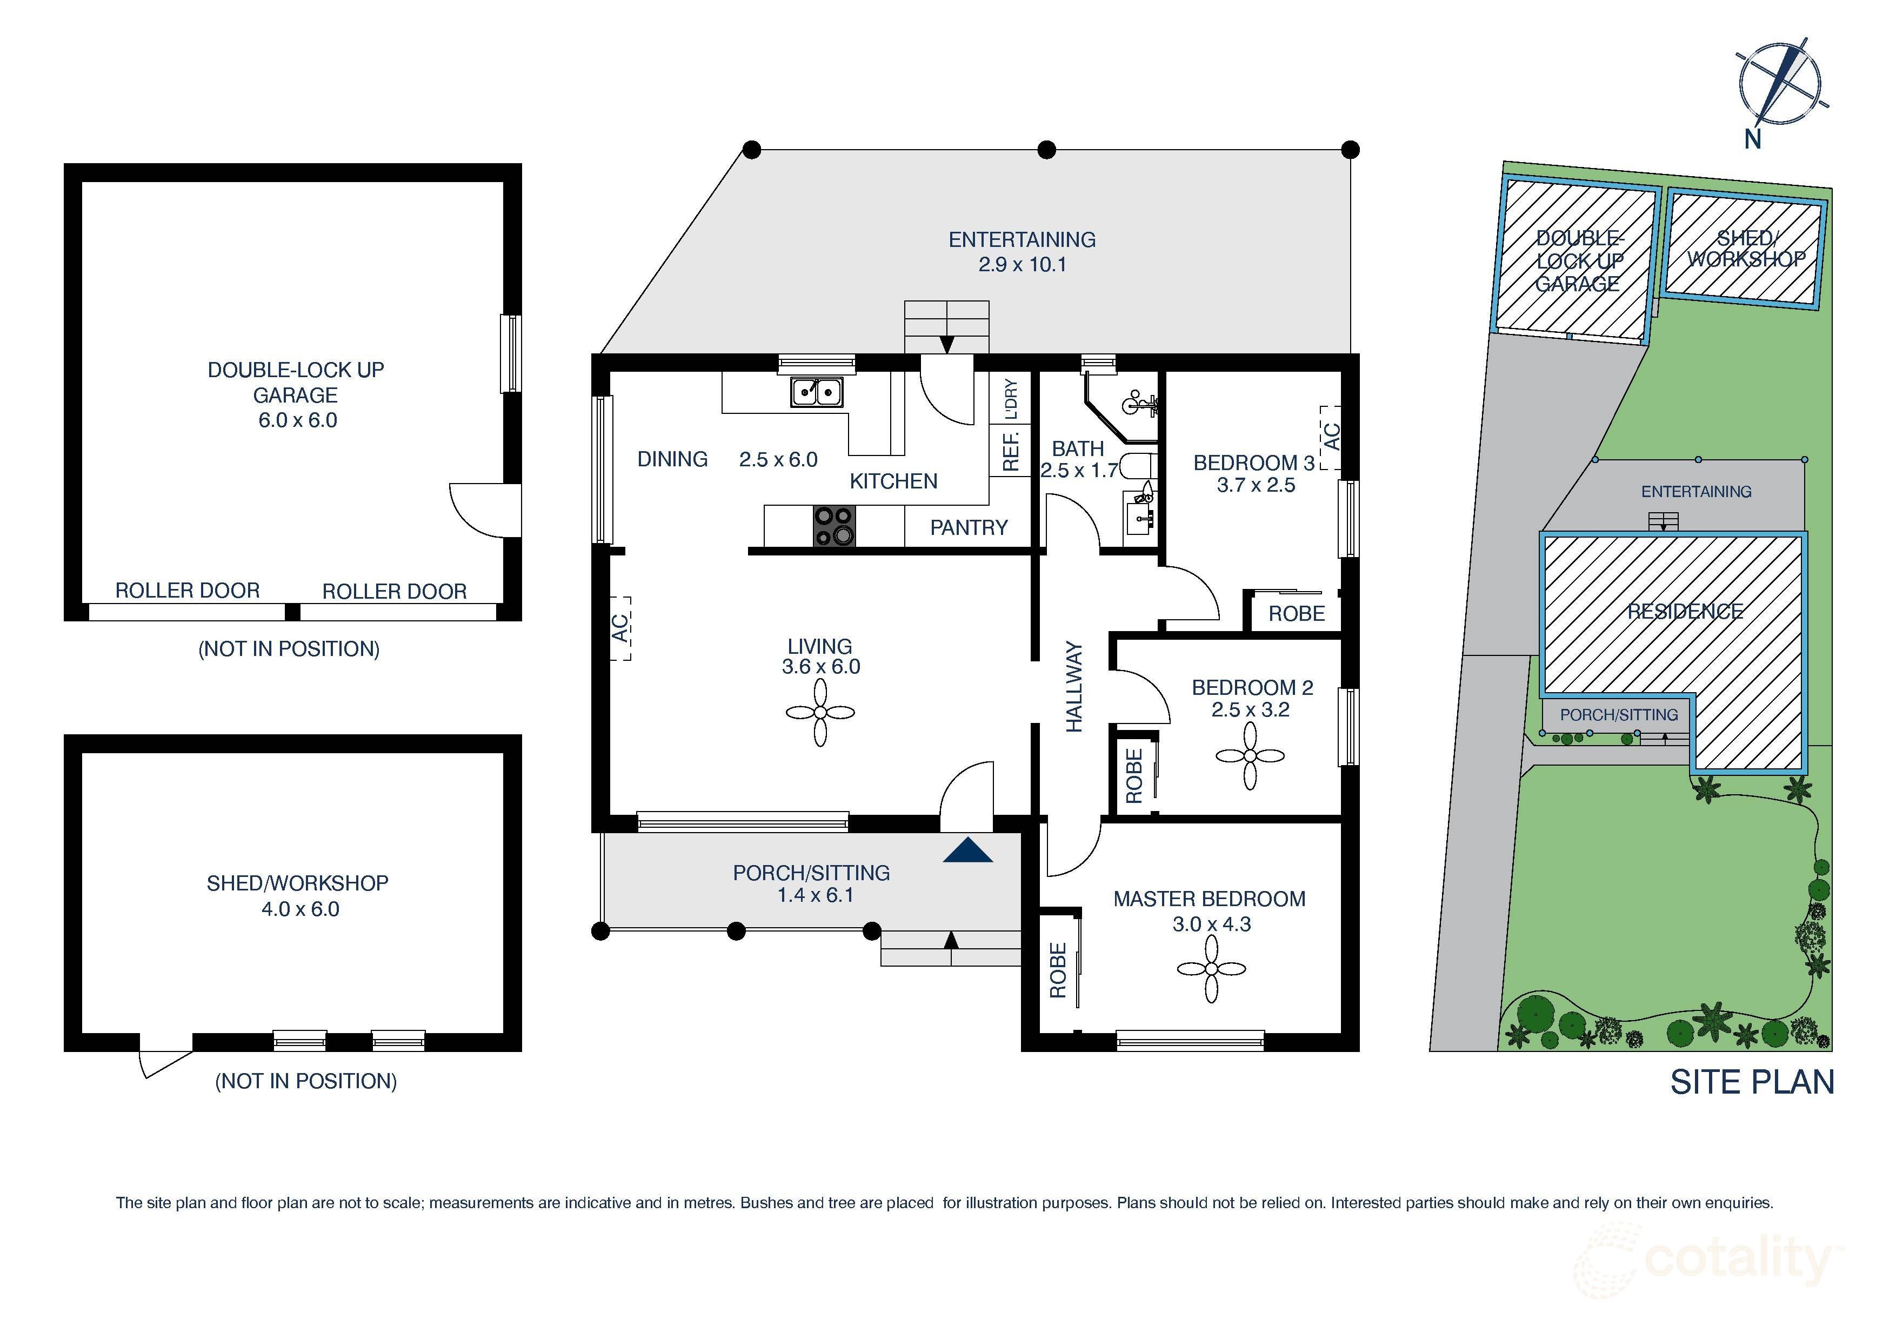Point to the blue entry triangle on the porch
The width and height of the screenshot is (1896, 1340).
[968, 851]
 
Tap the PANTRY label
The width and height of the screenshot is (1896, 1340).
[969, 527]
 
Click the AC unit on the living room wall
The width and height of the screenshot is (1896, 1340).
[620, 627]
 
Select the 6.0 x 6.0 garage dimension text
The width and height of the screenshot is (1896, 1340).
[297, 420]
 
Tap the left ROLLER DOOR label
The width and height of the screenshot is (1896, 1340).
[188, 591]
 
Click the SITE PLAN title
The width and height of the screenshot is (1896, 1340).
[1752, 1082]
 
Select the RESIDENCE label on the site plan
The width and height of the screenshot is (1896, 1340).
[1685, 611]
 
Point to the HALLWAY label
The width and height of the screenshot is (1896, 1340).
[1073, 686]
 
